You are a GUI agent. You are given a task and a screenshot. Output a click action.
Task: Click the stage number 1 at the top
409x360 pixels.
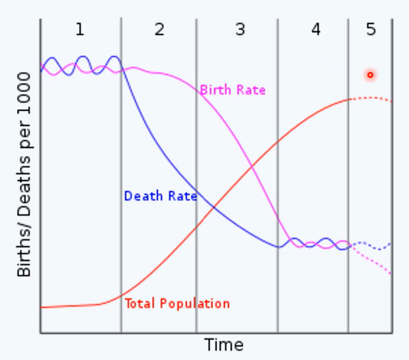point(79,29)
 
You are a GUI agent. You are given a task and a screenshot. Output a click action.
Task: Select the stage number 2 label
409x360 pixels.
point(160,29)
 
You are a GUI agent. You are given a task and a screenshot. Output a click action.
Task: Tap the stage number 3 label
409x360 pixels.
point(240,29)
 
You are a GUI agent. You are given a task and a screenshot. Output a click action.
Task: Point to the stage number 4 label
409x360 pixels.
point(316,29)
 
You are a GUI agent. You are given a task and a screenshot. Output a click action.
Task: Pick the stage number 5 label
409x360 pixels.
point(371,29)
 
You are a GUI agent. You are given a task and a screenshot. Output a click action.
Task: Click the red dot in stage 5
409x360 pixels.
point(370,75)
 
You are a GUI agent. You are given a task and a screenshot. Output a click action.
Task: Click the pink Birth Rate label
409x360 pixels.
point(233,90)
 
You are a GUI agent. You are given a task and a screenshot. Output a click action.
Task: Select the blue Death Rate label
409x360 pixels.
point(160,196)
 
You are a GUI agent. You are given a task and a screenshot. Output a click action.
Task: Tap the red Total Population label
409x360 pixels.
point(177,304)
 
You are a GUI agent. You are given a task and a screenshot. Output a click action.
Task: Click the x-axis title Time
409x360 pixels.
point(224,345)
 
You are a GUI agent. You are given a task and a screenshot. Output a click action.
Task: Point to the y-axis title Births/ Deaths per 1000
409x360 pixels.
point(24,174)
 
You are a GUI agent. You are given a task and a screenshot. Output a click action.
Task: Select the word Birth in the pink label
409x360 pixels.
point(213,90)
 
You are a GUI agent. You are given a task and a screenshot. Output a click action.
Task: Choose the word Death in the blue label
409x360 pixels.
point(139,196)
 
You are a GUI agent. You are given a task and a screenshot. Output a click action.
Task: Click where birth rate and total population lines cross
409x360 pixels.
point(252,167)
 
